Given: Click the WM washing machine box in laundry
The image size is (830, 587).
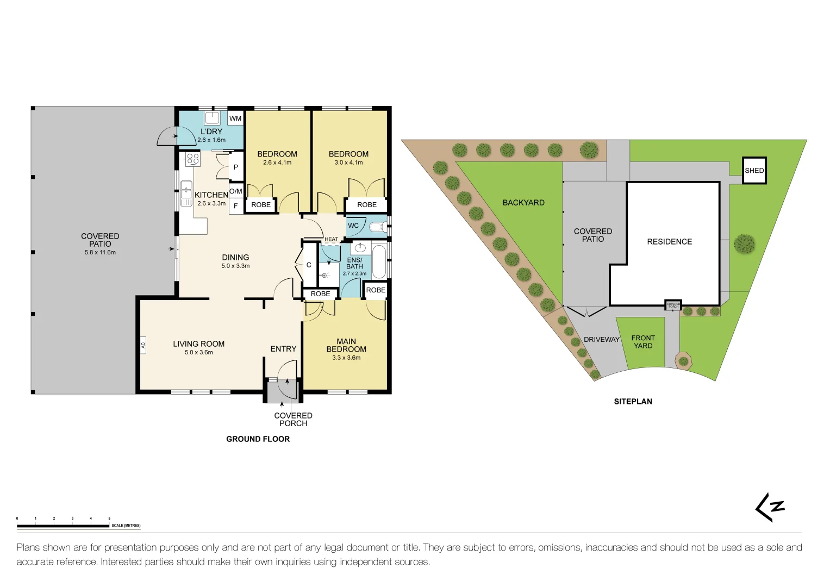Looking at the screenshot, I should click(x=235, y=118).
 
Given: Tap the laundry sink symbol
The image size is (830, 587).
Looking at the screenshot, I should click(x=211, y=118).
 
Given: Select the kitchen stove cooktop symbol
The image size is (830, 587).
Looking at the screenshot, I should click(x=193, y=159).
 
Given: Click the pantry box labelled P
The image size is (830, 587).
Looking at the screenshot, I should click(x=235, y=167).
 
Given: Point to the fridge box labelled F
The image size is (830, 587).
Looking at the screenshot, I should click(x=235, y=207).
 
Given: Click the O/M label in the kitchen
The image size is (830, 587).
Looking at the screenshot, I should click(x=236, y=191).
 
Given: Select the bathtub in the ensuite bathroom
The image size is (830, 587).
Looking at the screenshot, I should click(x=379, y=262).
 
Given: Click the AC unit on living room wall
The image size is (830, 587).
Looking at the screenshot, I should click(x=143, y=345).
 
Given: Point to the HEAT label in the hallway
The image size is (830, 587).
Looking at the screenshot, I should click(x=331, y=239).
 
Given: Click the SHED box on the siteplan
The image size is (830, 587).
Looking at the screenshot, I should click(x=754, y=171).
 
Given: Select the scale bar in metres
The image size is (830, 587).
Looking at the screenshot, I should click(x=63, y=526).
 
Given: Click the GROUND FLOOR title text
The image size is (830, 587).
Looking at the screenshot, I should click(x=258, y=439).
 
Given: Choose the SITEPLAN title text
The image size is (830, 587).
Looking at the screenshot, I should click(x=633, y=402).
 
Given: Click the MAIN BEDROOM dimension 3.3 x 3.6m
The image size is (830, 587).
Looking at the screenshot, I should click(x=346, y=358).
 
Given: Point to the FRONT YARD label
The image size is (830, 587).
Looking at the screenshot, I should click(x=643, y=342).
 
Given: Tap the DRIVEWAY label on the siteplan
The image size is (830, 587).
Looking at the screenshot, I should click(x=601, y=340).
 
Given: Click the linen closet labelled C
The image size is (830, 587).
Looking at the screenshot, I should click(x=309, y=265).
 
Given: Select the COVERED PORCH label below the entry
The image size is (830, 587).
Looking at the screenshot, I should click(x=293, y=420).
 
